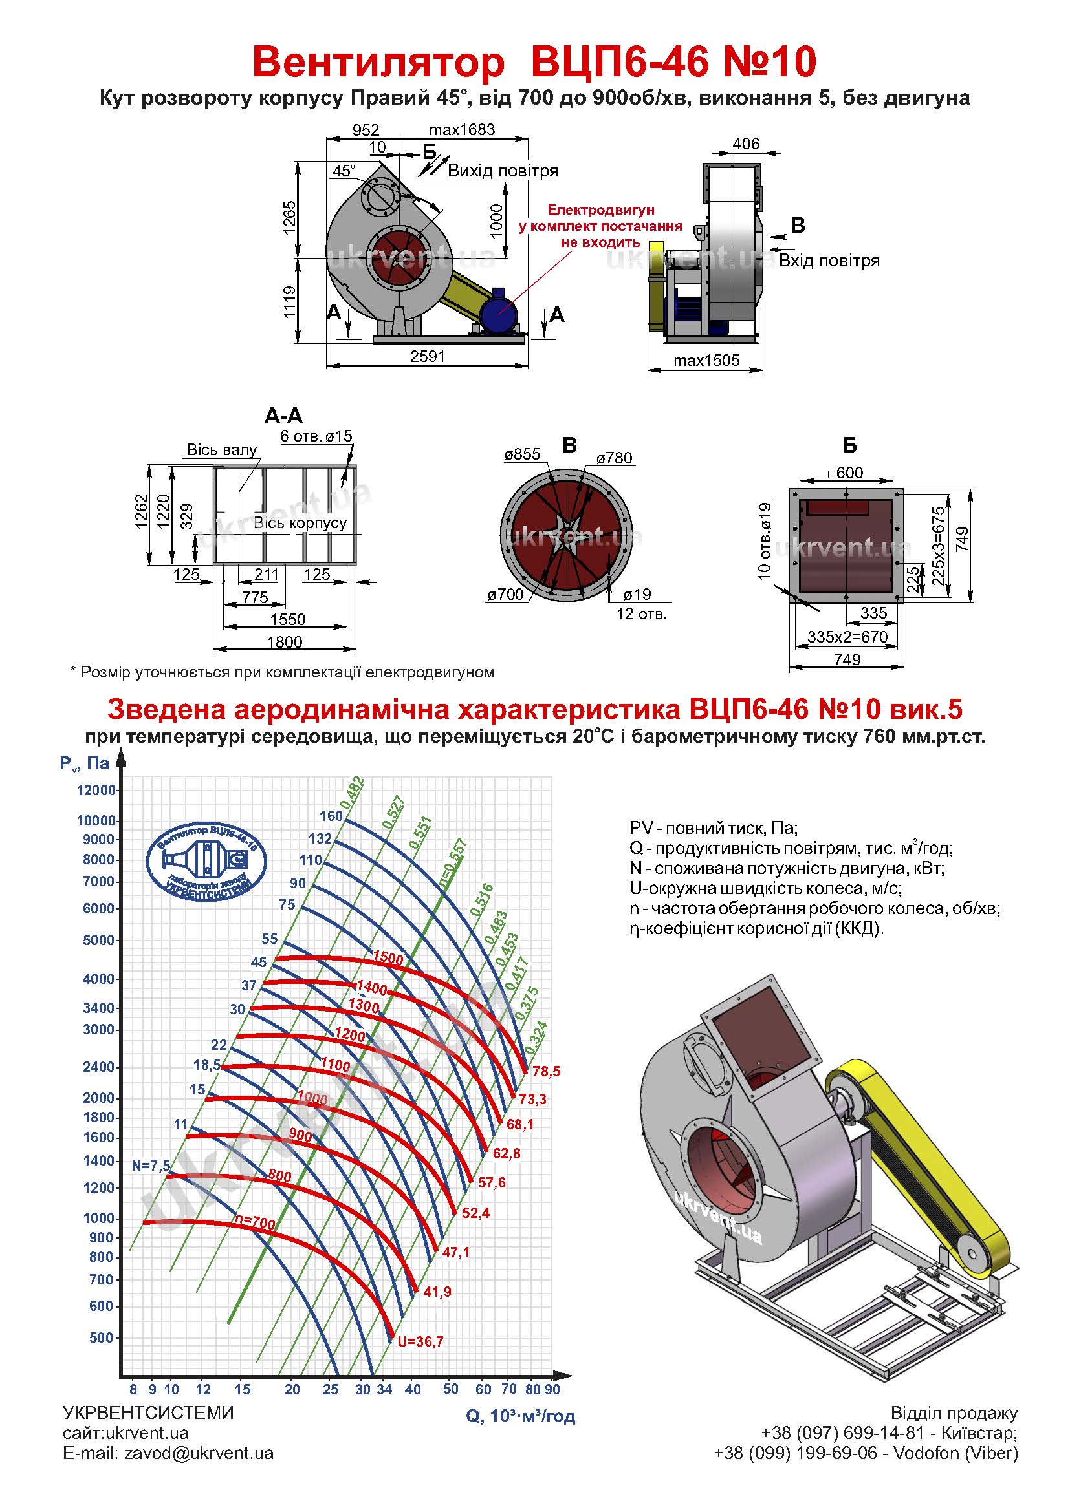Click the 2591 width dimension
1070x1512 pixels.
(428, 356)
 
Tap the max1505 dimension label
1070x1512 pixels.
(706, 360)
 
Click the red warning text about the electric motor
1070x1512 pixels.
(600, 226)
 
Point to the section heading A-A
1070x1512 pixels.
(283, 416)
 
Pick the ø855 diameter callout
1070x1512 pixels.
(523, 454)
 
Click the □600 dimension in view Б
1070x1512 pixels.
(846, 473)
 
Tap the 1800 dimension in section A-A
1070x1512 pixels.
(285, 642)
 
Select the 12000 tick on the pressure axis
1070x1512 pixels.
(96, 790)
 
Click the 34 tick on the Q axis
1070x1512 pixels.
(384, 1390)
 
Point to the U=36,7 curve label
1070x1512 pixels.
(420, 1341)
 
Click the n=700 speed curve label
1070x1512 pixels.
(255, 1223)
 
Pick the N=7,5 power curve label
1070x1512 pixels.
(151, 1166)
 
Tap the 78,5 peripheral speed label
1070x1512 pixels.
(546, 1071)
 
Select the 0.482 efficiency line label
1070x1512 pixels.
(353, 794)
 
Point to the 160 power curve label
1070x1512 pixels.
(331, 816)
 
